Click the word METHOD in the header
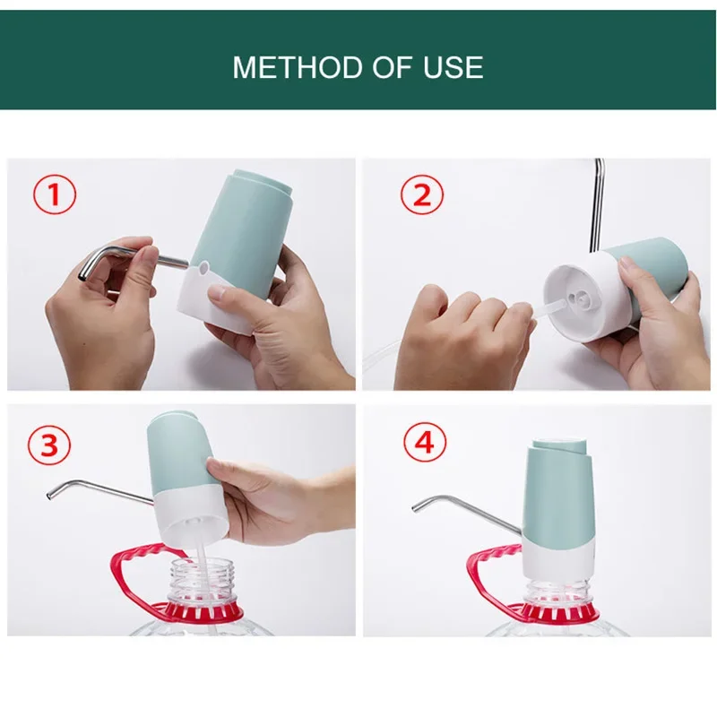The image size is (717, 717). click(298, 67)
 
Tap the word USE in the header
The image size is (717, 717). click(454, 67)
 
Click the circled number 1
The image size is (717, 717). click(55, 194)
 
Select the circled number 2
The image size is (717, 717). click(422, 195)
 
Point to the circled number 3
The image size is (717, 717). click(49, 444)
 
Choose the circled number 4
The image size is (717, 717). click(425, 442)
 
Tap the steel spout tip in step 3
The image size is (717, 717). click(50, 495)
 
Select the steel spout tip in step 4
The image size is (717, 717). click(416, 507)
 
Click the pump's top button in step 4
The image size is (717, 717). click(559, 445)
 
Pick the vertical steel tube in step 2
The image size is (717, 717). click(597, 206)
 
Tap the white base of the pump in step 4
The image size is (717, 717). click(557, 557)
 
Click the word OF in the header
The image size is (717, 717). click(393, 67)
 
